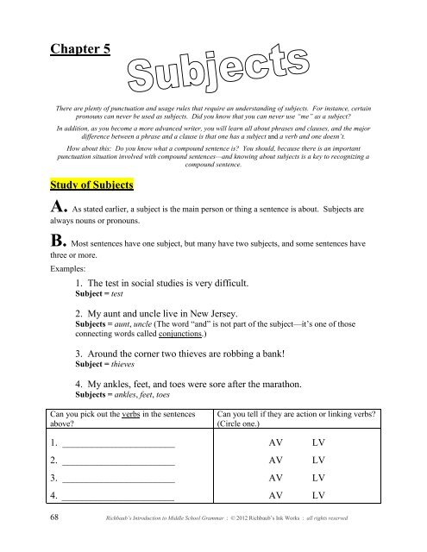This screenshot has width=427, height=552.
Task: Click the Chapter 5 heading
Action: coord(78,49)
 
